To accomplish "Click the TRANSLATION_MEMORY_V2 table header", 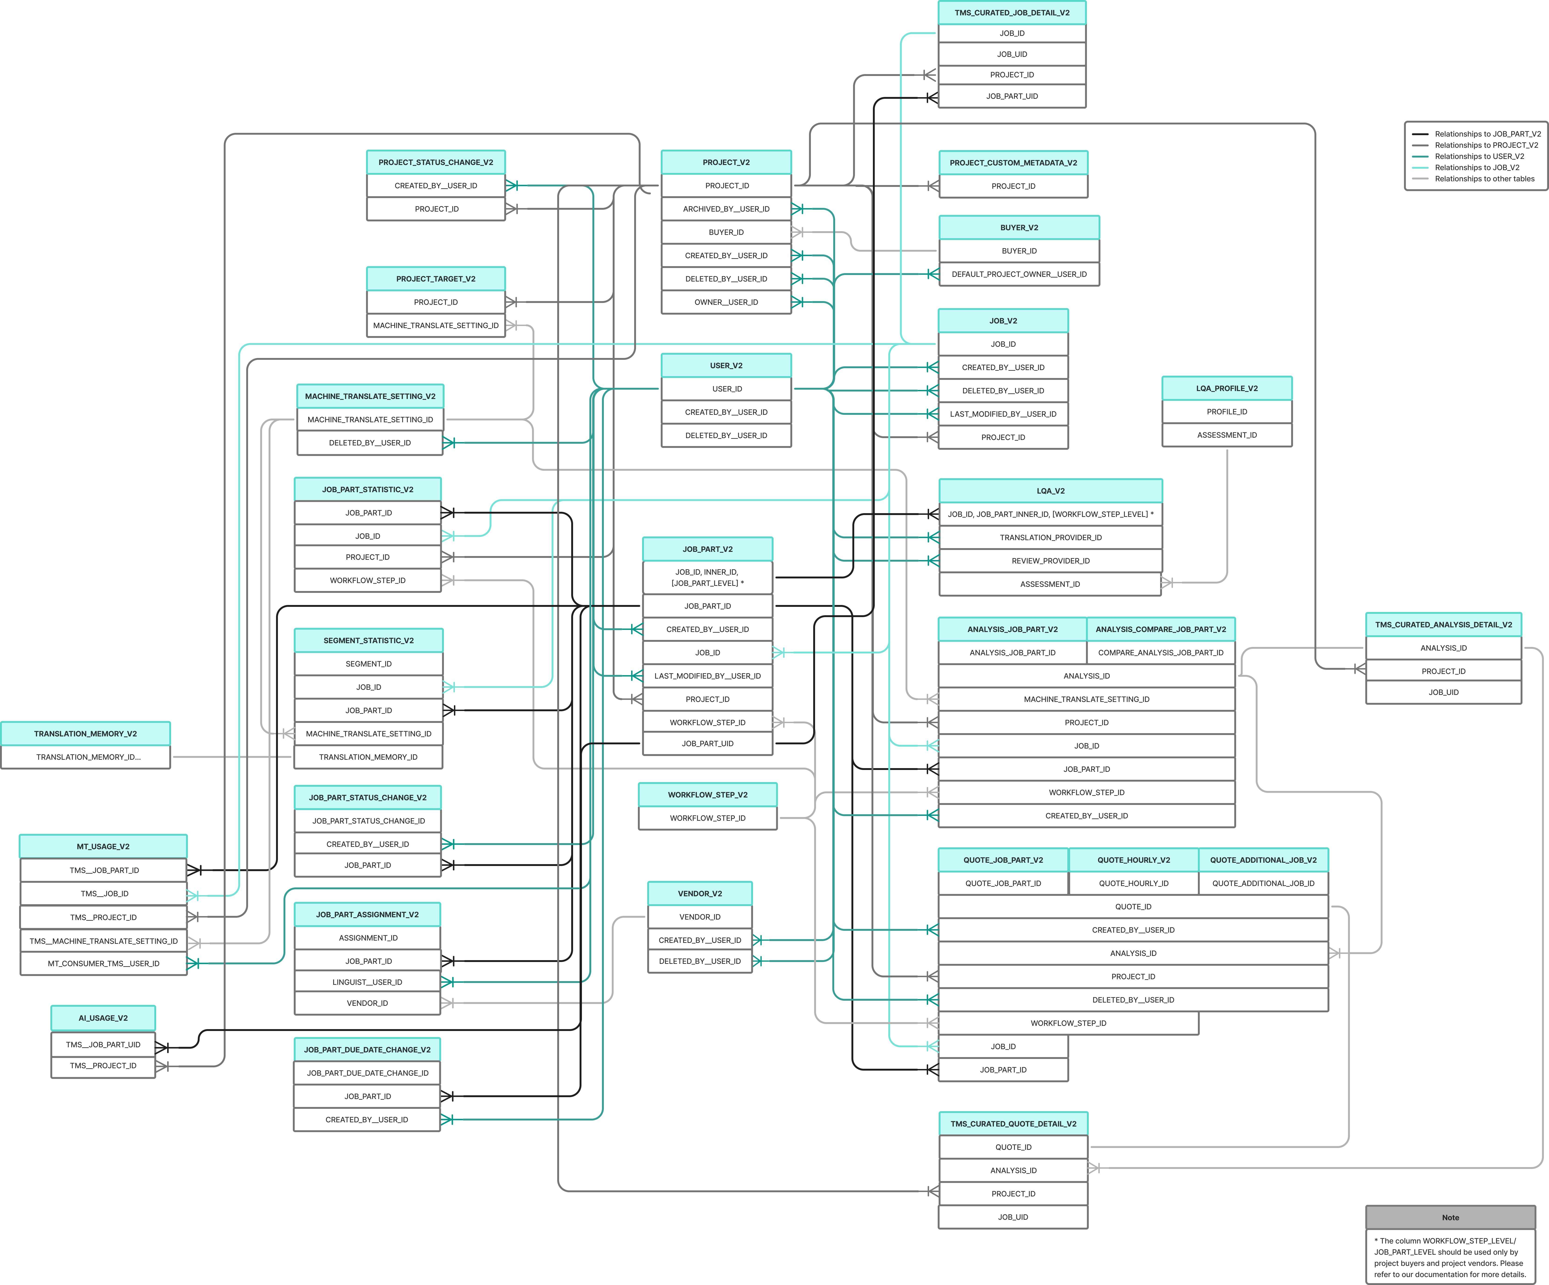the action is [x=86, y=734].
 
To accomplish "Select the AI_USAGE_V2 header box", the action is [x=103, y=1018].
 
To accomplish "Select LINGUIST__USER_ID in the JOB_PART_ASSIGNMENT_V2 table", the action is [x=367, y=982].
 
